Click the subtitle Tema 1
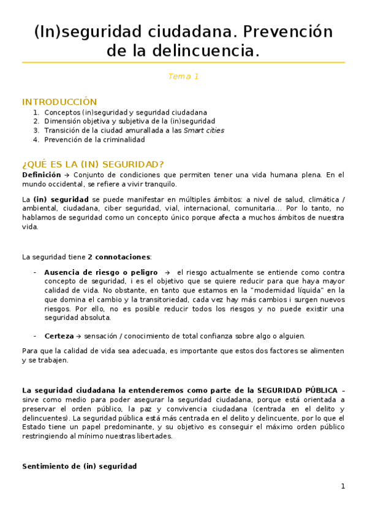[183, 77]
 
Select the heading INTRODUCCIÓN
[59, 102]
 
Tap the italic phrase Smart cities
[204, 131]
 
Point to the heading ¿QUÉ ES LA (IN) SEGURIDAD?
[93, 164]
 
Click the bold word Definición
[41, 175]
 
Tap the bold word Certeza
[59, 336]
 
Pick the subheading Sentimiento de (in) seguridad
[79, 467]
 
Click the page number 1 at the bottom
[343, 486]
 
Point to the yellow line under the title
[183, 63]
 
